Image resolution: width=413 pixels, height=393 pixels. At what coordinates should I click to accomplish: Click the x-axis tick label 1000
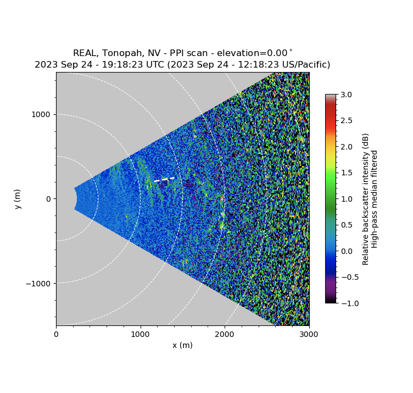[x=140, y=334]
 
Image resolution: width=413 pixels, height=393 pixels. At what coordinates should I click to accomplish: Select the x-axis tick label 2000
[x=225, y=334]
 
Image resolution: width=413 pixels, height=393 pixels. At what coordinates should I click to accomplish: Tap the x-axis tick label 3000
[x=309, y=334]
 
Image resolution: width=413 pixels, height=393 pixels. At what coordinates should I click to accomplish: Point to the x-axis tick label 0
[x=56, y=334]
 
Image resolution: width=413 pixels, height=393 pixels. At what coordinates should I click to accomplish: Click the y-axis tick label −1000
[x=38, y=284]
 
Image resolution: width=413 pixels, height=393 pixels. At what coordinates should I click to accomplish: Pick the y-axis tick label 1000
[x=41, y=114]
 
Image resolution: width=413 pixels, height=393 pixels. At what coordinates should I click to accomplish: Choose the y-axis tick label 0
[x=48, y=199]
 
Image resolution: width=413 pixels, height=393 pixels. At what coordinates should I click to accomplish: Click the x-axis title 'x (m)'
[x=182, y=345]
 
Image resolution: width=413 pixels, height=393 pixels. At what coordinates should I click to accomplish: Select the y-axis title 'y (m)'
[x=18, y=199]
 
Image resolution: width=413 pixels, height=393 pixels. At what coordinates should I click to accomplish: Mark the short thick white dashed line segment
[x=164, y=179]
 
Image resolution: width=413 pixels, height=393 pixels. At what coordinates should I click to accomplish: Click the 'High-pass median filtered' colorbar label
[x=375, y=199]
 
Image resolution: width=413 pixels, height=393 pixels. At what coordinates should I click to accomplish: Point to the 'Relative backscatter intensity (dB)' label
[x=365, y=199]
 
